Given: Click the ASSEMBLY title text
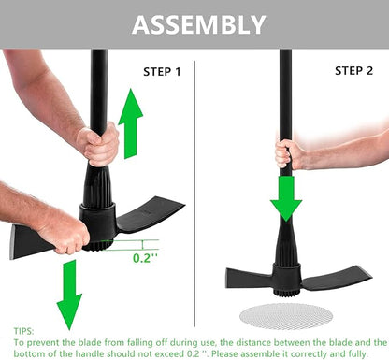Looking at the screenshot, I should click(x=197, y=24).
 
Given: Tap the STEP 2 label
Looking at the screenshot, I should click(x=355, y=71).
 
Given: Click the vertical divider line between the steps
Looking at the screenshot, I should click(x=194, y=187).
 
